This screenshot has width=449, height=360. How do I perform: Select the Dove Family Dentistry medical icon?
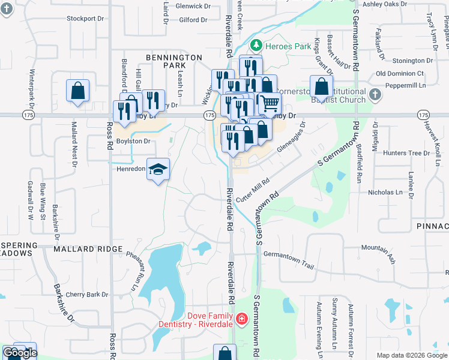tap(241, 318)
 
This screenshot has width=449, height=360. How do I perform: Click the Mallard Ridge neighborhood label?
tap(82, 248)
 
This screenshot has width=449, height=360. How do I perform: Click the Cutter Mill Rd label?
tap(252, 190)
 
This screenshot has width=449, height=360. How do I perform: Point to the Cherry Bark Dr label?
tap(87, 295)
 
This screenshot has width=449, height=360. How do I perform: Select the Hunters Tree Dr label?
tap(406, 153)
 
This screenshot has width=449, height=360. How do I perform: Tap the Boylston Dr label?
tap(133, 141)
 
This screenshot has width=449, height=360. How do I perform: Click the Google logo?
tap(20, 353)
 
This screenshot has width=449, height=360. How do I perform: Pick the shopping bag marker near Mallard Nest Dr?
tap(77, 91)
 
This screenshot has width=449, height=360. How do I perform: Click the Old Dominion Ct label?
tap(399, 73)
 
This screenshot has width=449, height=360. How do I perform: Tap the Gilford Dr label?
tap(193, 20)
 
